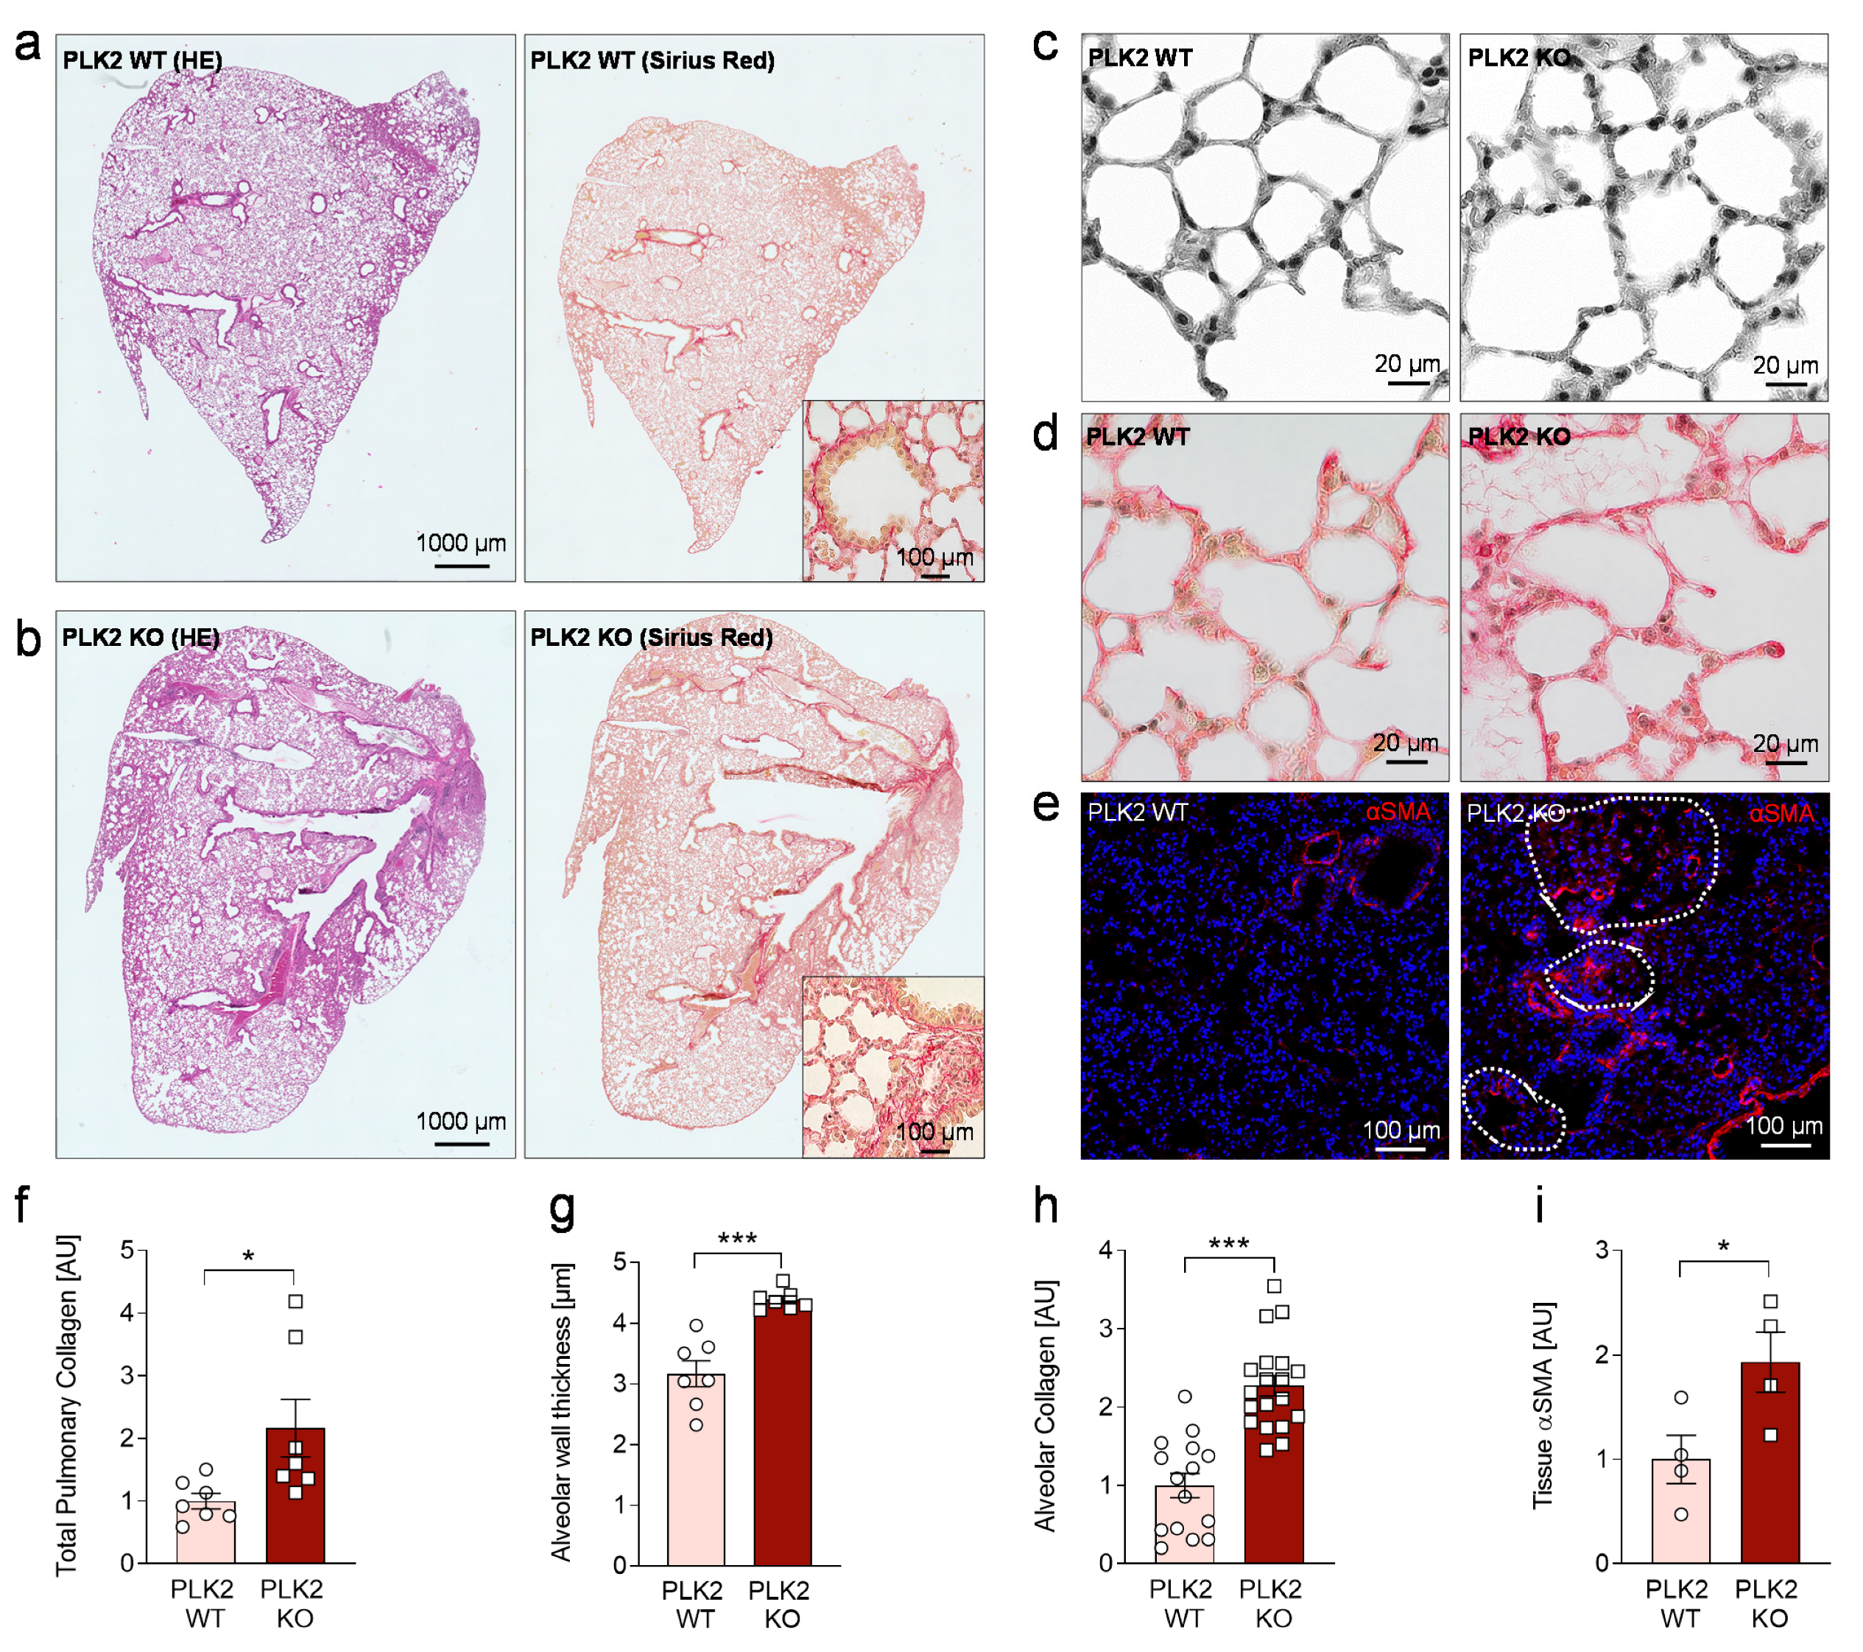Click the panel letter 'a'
pos(27,46)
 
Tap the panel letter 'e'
pos(1046,805)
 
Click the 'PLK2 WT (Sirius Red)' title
pos(652,60)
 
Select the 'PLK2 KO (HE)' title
pos(141,637)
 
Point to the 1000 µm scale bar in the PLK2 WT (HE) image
pos(461,566)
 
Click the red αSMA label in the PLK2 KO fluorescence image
pos(1780,812)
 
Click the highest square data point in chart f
pos(295,1301)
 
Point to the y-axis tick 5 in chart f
pos(127,1250)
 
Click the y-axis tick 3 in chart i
pos(1601,1250)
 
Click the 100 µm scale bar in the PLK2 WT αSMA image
pos(1400,1150)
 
